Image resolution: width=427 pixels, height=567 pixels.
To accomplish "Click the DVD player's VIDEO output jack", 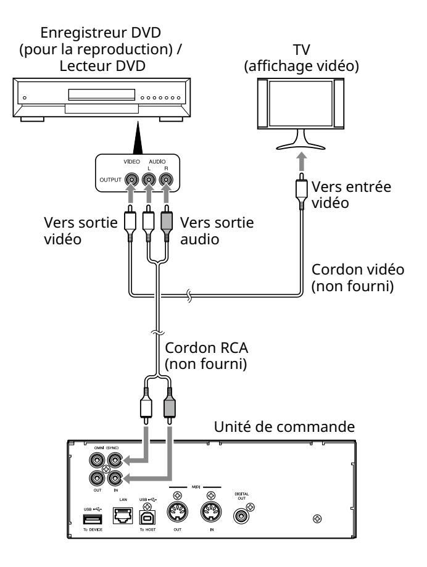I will coord(130,181).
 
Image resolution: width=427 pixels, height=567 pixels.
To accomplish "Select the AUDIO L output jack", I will coord(149,181).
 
